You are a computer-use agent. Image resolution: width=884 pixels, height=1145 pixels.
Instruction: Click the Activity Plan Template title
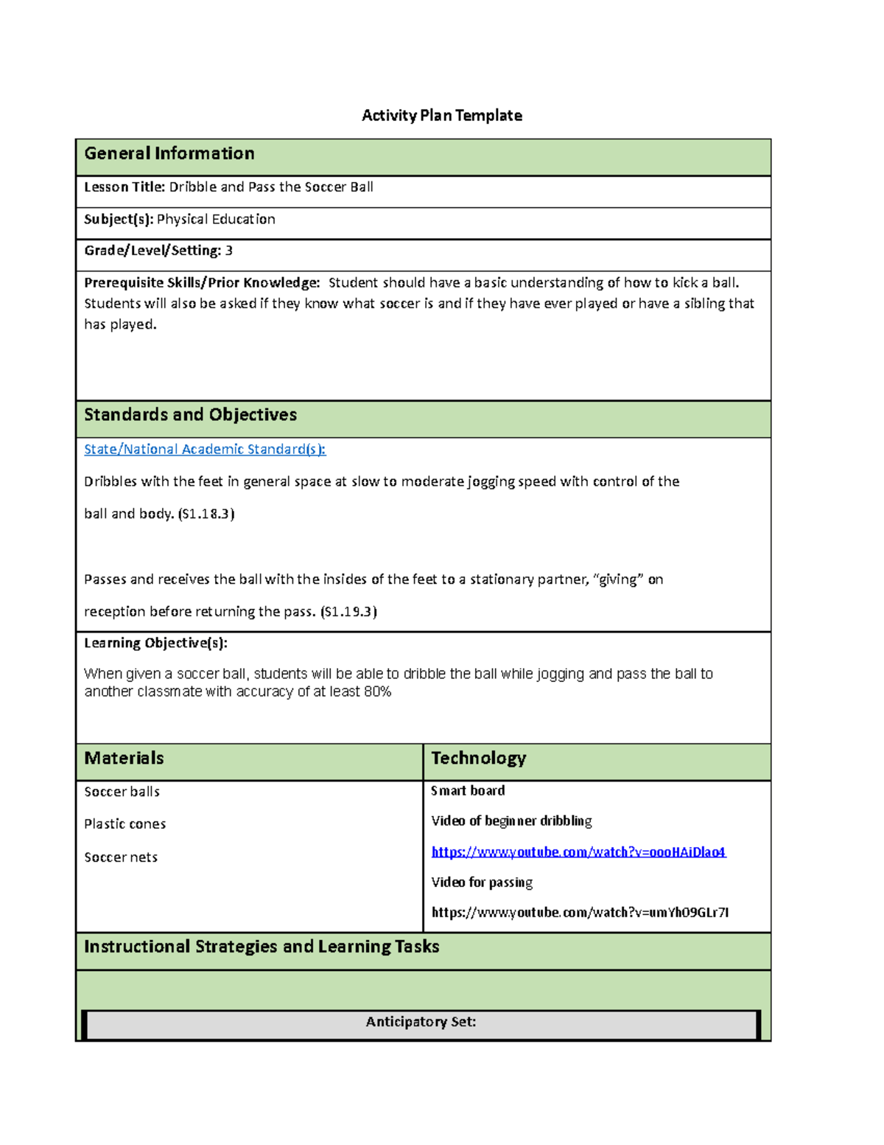coord(441,116)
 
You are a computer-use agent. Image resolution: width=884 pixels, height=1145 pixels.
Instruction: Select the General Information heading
coord(169,153)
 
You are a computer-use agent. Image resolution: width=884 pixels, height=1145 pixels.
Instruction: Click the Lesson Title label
coord(124,187)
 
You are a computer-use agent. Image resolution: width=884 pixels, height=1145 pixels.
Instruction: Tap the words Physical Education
coord(216,220)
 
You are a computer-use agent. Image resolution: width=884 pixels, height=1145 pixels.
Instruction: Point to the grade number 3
coord(229,251)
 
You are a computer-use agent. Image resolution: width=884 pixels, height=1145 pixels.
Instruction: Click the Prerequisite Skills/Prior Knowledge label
coord(202,283)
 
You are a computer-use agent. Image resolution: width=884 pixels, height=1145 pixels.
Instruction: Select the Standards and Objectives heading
coord(190,415)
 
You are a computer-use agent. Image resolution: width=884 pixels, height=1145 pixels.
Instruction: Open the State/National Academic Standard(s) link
coord(204,449)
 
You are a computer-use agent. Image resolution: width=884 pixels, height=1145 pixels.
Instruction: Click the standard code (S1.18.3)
coord(206,514)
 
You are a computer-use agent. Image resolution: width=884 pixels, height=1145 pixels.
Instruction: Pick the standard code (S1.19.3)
coord(348,611)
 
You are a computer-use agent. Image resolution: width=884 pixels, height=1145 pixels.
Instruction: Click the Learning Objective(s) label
coord(155,643)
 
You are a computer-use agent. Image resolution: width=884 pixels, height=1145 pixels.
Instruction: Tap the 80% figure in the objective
coord(377,692)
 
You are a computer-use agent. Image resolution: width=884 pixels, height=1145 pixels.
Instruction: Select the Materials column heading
coord(124,759)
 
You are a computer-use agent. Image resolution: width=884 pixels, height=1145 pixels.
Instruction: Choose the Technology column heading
coord(478,759)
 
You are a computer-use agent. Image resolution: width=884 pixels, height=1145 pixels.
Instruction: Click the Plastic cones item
coord(124,824)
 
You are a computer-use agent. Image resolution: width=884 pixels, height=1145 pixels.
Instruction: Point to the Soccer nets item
coord(121,857)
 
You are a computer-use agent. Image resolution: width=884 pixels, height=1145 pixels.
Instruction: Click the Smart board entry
coord(468,791)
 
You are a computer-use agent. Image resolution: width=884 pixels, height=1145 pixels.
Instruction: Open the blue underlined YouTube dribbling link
coord(578,852)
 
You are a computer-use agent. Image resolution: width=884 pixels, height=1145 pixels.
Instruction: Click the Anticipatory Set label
coord(421,1022)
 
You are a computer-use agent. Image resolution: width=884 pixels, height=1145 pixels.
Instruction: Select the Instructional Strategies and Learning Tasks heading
coord(262,947)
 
